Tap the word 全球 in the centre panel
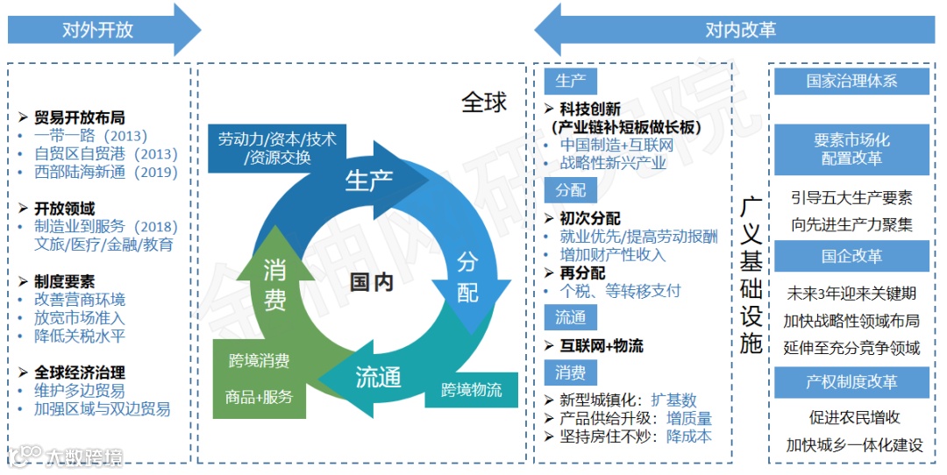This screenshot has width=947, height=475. (x=484, y=103)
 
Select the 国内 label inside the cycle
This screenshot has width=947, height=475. (x=371, y=281)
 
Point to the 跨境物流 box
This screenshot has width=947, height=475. (x=471, y=389)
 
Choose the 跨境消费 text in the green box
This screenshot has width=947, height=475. (x=260, y=360)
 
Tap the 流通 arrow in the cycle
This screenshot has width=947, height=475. (x=377, y=378)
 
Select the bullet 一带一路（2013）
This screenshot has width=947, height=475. (x=89, y=136)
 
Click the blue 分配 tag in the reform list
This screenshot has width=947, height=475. (x=570, y=190)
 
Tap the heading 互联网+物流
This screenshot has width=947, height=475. (x=602, y=345)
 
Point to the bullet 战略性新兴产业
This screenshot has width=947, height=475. (x=613, y=163)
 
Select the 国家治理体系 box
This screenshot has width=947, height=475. (x=851, y=82)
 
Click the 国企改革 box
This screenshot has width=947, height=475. (x=851, y=257)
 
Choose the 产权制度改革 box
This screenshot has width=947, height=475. (x=851, y=382)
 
